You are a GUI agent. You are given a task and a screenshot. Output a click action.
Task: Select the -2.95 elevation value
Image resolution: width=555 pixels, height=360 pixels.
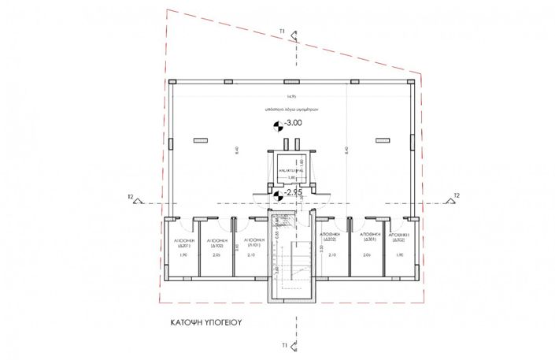coord(294,191)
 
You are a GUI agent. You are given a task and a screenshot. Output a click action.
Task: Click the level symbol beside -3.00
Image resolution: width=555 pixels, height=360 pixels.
coord(278,125)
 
